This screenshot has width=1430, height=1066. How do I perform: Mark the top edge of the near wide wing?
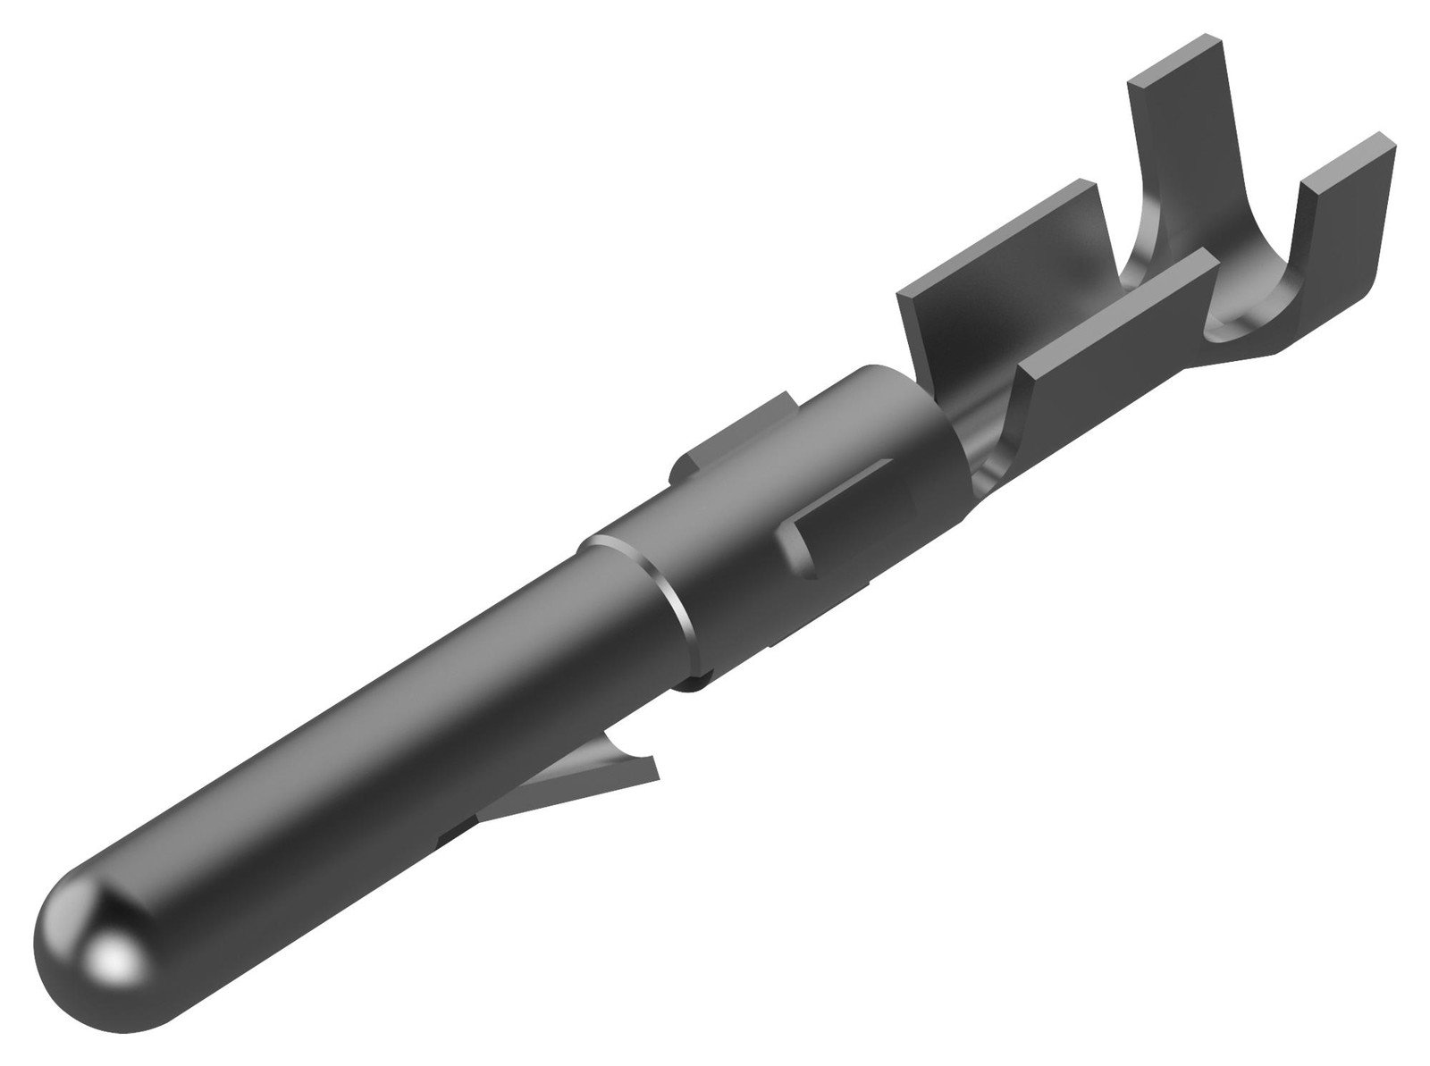click(x=1117, y=301)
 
